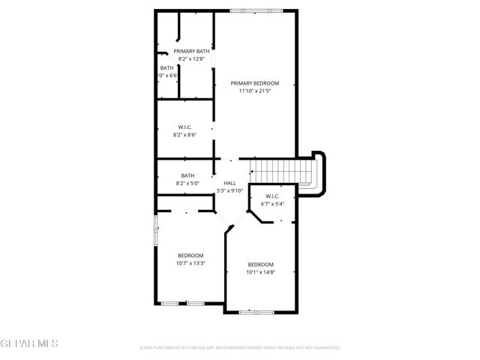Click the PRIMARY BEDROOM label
tap(254, 83)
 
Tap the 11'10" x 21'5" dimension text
tap(254, 91)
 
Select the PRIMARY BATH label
tap(192, 51)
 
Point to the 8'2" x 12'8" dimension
tap(192, 58)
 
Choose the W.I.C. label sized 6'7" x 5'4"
tap(273, 196)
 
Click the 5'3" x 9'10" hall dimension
tap(229, 190)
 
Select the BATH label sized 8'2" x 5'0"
tap(187, 175)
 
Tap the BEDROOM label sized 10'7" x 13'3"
tap(190, 255)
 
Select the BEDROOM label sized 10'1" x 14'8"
tap(260, 264)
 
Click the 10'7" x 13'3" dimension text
tap(190, 262)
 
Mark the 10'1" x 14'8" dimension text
tap(260, 271)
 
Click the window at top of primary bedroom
tap(257, 10)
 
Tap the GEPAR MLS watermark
tap(29, 343)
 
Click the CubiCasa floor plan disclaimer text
tap(240, 347)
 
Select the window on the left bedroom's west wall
tap(156, 230)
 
